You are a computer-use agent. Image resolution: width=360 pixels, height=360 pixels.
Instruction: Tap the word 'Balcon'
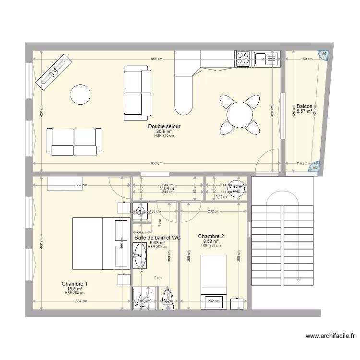pyautogui.click(x=304, y=106)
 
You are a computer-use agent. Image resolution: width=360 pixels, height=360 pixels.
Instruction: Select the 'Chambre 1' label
pyautogui.click(x=74, y=284)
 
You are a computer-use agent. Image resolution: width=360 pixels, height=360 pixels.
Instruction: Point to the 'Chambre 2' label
pyautogui.click(x=211, y=236)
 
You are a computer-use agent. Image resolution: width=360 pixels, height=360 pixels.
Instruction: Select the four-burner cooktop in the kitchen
pyautogui.click(x=243, y=59)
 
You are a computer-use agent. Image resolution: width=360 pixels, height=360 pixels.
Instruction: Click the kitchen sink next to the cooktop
pyautogui.click(x=266, y=59)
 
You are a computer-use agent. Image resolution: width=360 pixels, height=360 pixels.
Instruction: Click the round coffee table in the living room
pyautogui.click(x=80, y=94)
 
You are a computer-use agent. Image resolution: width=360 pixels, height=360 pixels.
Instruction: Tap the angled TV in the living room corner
pyautogui.click(x=53, y=73)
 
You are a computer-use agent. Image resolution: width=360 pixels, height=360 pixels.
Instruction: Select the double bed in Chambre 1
pyautogui.click(x=99, y=243)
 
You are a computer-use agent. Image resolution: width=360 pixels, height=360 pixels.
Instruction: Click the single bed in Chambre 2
pyautogui.click(x=213, y=274)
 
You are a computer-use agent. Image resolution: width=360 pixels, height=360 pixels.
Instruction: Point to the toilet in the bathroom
pyautogui.click(x=168, y=299)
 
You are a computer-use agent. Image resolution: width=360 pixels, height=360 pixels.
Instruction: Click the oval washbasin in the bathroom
pyautogui.click(x=140, y=254)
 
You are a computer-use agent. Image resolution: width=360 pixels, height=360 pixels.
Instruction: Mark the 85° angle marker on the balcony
pyautogui.click(x=324, y=54)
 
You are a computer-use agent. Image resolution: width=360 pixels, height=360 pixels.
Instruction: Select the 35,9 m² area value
pyautogui.click(x=164, y=132)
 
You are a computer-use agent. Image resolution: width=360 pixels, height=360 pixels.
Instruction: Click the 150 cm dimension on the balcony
pyautogui.click(x=304, y=60)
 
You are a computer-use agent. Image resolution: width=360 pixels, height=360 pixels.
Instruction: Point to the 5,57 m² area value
pyautogui.click(x=304, y=111)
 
